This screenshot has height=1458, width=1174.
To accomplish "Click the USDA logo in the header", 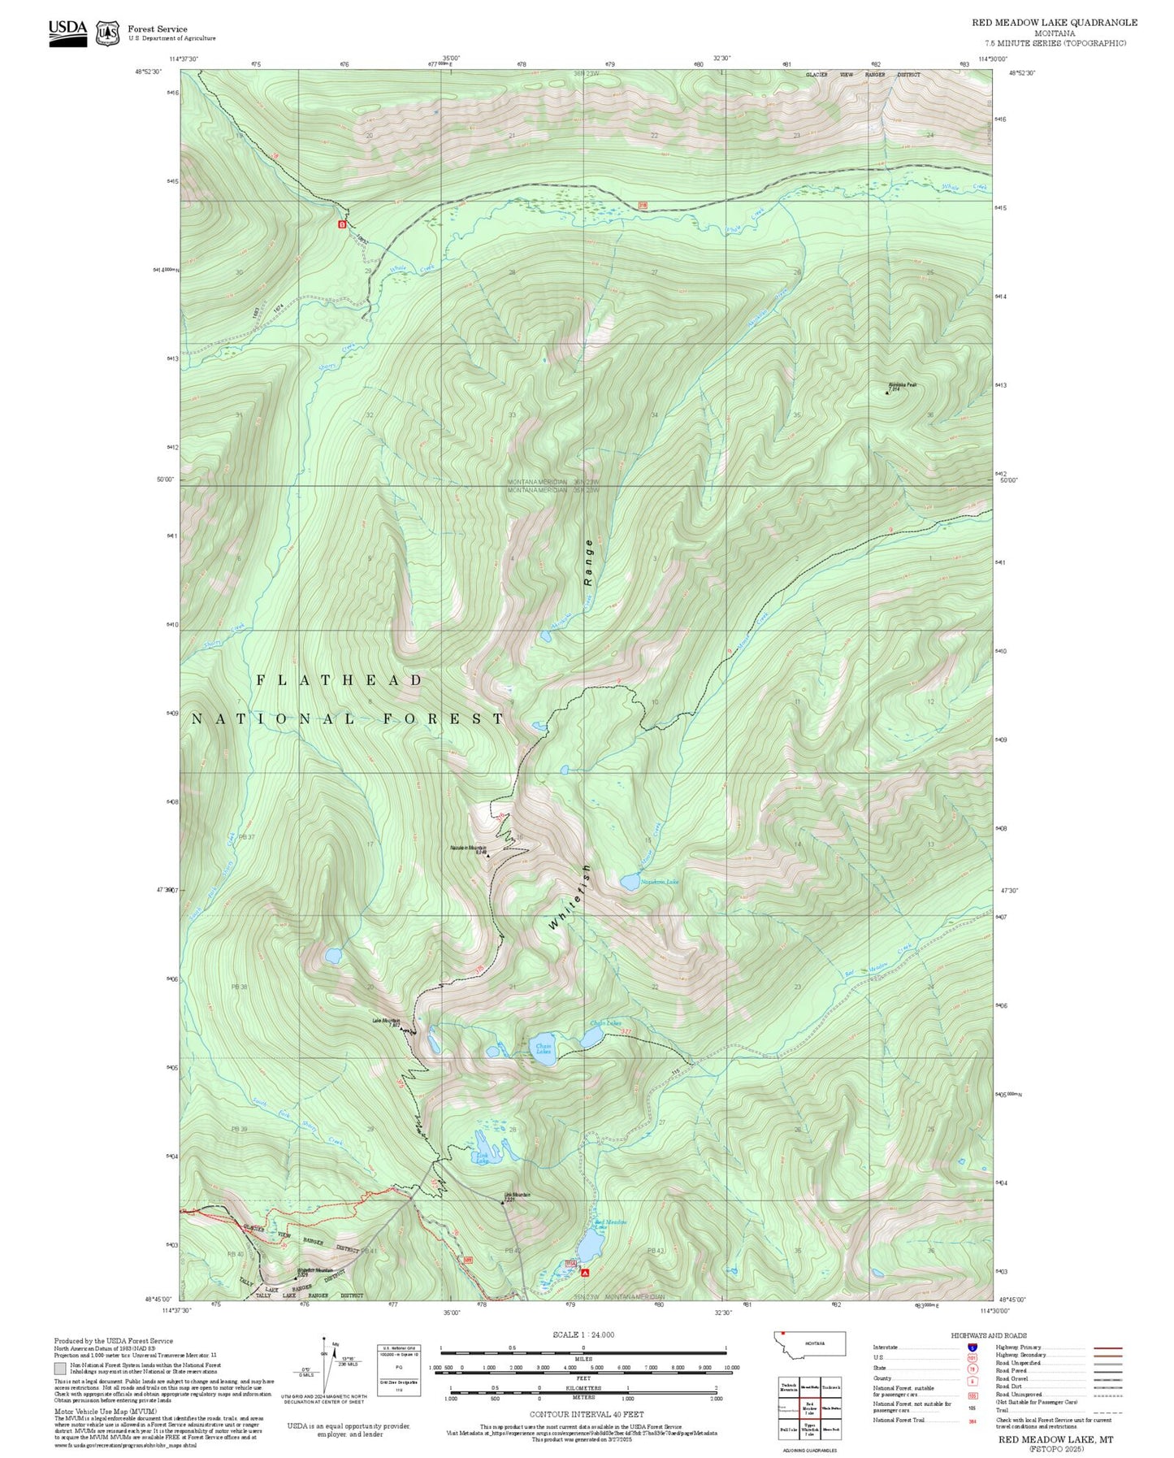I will [67, 33].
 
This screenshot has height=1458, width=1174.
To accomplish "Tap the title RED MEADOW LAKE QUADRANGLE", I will [1054, 23].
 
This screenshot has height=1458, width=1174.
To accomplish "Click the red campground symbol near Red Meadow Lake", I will [584, 1273].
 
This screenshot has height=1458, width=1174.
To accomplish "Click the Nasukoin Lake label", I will [659, 881].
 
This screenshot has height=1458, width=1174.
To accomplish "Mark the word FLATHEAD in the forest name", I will [340, 680].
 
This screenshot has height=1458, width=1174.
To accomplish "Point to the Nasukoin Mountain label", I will [469, 848].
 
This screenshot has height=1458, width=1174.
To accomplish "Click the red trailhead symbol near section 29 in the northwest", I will [342, 223].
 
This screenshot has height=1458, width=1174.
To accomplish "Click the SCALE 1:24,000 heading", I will [583, 1334].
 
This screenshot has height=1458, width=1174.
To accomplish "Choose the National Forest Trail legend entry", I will [899, 1420].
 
